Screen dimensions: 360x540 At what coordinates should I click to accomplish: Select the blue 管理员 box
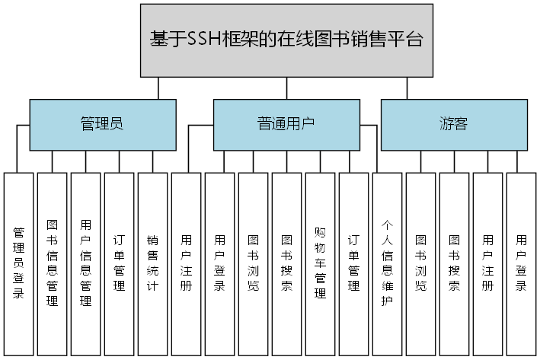(102, 124)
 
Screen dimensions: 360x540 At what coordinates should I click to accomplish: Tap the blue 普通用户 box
(286, 124)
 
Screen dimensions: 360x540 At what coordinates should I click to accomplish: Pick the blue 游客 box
(454, 124)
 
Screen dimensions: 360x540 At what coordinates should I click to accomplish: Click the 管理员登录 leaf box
(19, 263)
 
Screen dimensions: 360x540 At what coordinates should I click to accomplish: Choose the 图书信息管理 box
(53, 263)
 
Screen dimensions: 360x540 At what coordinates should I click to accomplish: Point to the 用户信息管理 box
(86, 263)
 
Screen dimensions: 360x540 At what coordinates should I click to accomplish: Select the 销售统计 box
(152, 263)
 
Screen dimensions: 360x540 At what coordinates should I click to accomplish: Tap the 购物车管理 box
(320, 263)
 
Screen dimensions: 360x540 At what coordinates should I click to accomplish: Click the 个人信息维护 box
(387, 263)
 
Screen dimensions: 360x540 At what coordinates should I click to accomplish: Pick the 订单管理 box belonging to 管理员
(119, 263)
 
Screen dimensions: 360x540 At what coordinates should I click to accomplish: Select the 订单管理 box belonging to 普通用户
(353, 263)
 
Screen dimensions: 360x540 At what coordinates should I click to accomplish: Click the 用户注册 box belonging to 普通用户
(186, 263)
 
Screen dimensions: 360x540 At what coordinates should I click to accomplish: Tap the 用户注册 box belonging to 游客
(487, 263)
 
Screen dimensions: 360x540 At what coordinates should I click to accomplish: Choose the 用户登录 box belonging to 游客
(521, 263)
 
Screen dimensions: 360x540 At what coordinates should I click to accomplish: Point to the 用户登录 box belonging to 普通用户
(219, 263)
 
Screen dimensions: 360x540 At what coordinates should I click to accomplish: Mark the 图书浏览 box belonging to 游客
(420, 263)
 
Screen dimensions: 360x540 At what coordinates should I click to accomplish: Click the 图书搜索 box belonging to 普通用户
(286, 263)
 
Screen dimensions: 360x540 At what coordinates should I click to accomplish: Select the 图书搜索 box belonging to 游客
(454, 263)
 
